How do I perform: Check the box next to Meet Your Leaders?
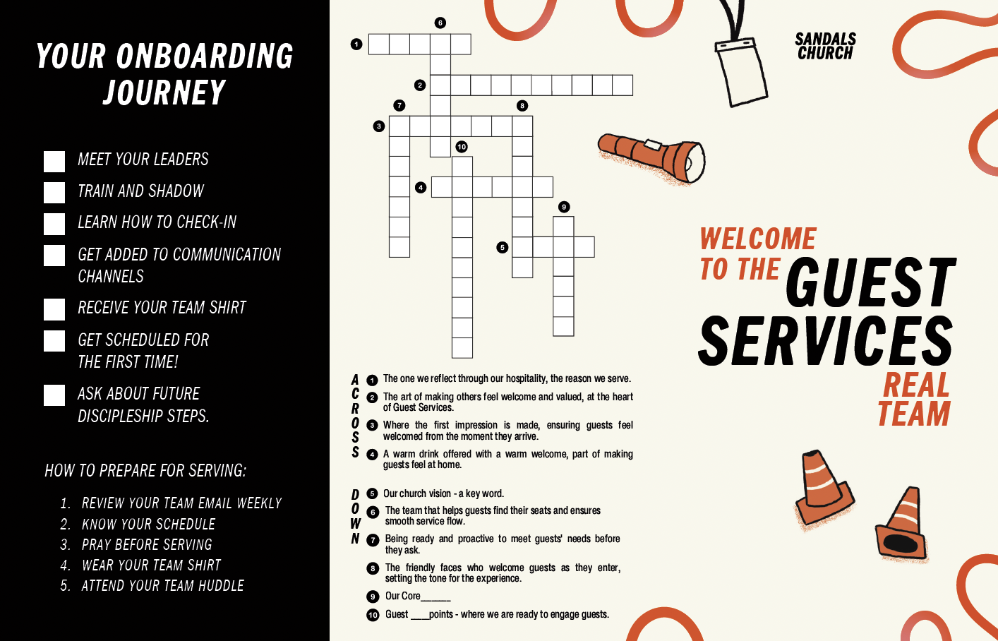54,161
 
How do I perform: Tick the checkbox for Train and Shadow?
54,193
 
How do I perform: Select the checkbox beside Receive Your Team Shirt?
54,309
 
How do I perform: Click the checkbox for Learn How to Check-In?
54,224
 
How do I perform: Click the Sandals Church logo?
825,47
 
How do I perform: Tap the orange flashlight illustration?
651,157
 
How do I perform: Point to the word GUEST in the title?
870,283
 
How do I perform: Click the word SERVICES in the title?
825,342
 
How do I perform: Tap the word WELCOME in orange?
758,239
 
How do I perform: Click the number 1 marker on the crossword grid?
356,44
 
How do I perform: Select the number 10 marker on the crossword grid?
462,147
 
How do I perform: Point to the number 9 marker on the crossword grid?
563,207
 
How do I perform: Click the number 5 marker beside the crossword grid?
502,247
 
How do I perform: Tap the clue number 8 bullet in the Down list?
373,568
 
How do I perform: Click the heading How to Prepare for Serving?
145,471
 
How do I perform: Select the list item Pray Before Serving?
147,545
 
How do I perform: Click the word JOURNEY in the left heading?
164,92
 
